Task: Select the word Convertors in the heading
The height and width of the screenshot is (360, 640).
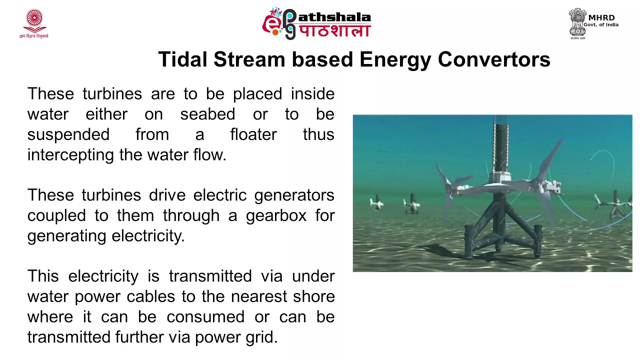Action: [x=494, y=59]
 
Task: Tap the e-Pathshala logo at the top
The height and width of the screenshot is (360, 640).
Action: [x=316, y=23]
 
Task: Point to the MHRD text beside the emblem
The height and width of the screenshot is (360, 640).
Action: [x=601, y=17]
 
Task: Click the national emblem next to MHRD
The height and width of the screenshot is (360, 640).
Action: [x=577, y=23]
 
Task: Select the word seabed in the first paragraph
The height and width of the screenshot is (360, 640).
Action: [x=207, y=114]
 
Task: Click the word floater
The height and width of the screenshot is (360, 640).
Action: [x=253, y=134]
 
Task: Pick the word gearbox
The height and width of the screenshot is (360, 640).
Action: [x=276, y=216]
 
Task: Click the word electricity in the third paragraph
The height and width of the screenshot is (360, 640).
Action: [x=103, y=276]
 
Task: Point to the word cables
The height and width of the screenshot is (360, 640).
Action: [x=151, y=296]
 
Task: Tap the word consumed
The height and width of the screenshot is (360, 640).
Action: [x=205, y=317]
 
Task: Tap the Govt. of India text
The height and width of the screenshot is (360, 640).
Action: [x=601, y=25]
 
